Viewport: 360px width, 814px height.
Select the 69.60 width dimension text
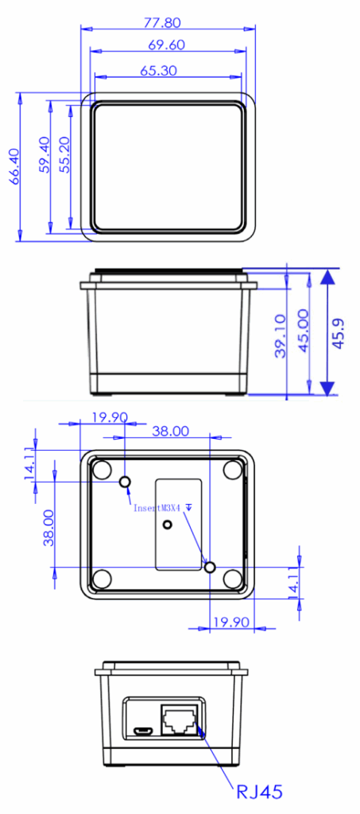point(167,45)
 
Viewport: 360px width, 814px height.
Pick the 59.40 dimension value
point(44,155)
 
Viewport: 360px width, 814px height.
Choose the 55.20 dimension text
point(64,155)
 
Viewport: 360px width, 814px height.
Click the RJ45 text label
point(259,793)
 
